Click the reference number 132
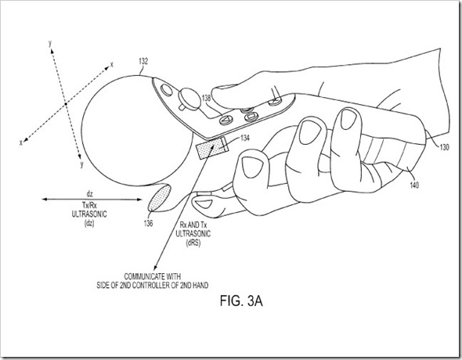(x=143, y=61)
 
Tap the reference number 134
(x=245, y=138)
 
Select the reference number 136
(x=148, y=223)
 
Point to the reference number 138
(x=206, y=98)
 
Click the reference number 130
(x=444, y=147)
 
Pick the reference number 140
(x=414, y=185)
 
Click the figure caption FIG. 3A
(x=241, y=301)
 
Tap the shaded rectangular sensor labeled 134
(x=212, y=148)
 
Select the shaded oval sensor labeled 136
(x=160, y=198)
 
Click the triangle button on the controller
(x=226, y=120)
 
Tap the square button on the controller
(x=251, y=117)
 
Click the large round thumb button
(x=189, y=99)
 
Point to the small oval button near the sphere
(x=167, y=90)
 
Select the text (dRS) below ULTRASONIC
(x=193, y=243)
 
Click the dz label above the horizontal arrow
(x=89, y=193)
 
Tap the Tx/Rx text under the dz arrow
(x=89, y=205)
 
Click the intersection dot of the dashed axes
(x=66, y=103)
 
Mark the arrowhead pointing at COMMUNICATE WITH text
(x=157, y=265)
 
